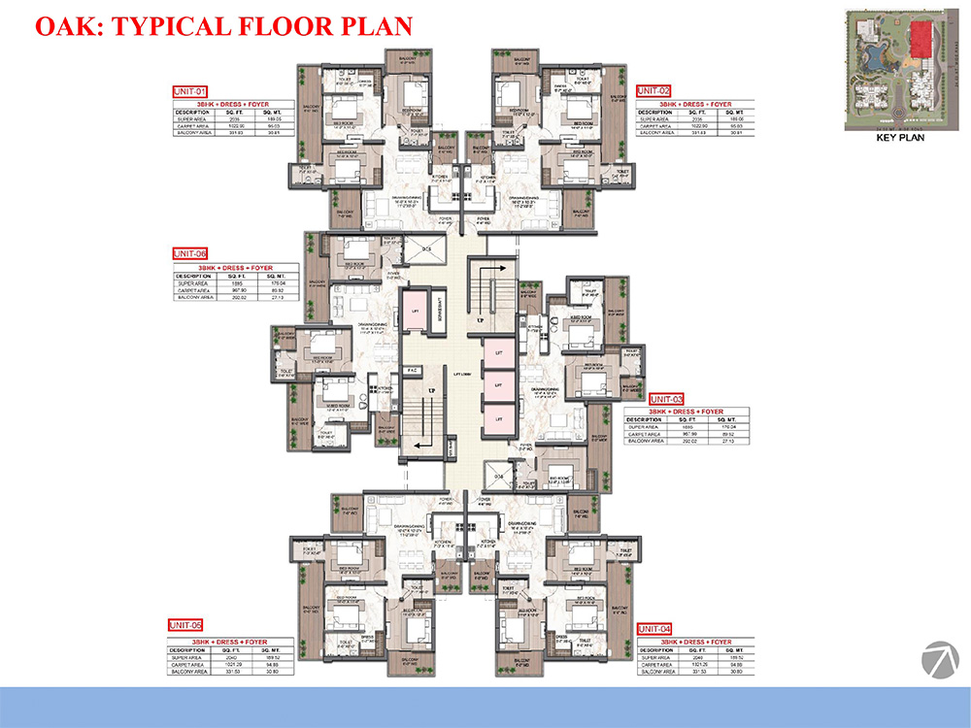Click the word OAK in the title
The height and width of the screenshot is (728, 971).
pos(66,25)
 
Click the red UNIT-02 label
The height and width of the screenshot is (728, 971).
pos(653,90)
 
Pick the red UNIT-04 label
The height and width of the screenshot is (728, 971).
pos(654,628)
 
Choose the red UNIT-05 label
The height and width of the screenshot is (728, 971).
pos(184,624)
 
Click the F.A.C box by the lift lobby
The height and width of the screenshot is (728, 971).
pos(412,370)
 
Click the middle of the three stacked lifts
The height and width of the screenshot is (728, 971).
pos(498,385)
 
